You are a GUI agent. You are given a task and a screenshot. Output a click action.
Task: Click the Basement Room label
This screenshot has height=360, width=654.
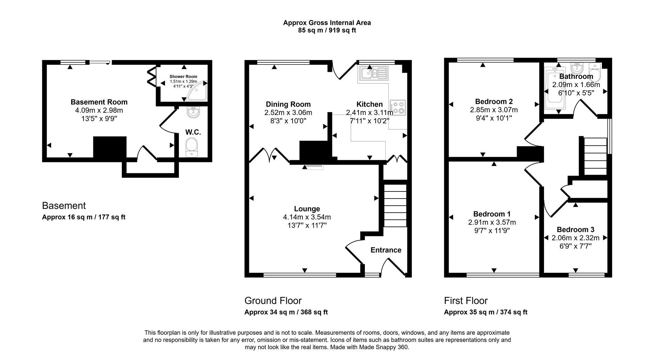tap(99, 102)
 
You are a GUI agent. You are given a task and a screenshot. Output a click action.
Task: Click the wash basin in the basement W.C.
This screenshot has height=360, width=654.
tap(193, 112)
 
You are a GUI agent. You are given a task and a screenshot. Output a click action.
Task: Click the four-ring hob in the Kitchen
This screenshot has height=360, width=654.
tap(398, 107)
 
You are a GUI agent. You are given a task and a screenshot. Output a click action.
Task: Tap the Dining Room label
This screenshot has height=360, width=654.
tap(288, 104)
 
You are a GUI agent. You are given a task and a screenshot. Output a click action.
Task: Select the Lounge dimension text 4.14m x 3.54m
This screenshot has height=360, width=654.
tap(307, 217)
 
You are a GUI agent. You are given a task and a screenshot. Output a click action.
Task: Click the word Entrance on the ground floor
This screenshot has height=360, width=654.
tap(386, 250)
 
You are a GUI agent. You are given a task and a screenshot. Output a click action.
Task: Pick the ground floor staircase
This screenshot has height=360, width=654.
tap(395, 206)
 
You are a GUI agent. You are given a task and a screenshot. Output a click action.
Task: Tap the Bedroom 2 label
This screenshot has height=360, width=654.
tap(494, 101)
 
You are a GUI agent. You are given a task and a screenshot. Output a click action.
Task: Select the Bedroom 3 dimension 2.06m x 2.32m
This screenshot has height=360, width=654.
tap(575, 238)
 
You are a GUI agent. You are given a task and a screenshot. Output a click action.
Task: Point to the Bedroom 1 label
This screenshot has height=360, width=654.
tap(492, 214)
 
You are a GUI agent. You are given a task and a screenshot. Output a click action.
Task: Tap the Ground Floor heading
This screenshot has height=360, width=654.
tap(273, 301)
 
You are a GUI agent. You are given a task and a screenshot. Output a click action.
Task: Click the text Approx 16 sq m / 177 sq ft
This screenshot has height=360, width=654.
tap(83, 217)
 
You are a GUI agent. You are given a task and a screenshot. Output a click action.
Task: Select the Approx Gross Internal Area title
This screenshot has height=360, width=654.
tap(327, 23)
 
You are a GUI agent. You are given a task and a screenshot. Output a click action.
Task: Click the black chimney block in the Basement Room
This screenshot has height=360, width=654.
tap(110, 147)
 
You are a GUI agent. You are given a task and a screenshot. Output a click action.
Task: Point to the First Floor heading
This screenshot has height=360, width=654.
tap(466, 301)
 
